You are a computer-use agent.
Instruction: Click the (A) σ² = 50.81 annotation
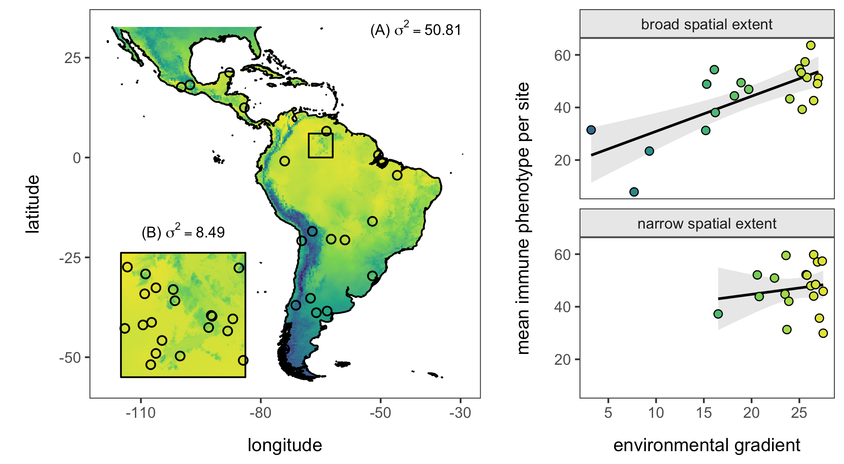[x=416, y=30]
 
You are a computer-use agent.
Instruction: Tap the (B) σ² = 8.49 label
[x=183, y=232]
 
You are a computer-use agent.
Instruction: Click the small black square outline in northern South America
[x=320, y=145]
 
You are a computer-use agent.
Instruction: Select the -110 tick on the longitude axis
[x=141, y=413]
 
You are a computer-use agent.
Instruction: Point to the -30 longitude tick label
[x=460, y=413]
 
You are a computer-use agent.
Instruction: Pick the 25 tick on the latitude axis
[x=73, y=58]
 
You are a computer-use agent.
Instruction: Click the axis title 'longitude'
[x=285, y=445]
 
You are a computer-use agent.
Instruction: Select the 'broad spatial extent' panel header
[x=707, y=25]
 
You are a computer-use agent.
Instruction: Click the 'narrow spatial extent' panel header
[x=707, y=223]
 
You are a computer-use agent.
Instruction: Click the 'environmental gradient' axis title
[x=707, y=445]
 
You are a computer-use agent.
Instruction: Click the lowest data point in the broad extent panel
[x=634, y=192]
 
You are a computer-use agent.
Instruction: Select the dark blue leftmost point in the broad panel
[x=591, y=130]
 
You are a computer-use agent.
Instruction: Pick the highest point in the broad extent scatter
[x=811, y=45]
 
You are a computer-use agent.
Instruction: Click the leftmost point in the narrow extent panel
[x=718, y=314]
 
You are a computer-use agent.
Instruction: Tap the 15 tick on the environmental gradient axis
[x=704, y=413]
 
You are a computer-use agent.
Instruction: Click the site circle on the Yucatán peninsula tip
[x=229, y=72]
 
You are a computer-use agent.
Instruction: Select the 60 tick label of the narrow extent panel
[x=563, y=255]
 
